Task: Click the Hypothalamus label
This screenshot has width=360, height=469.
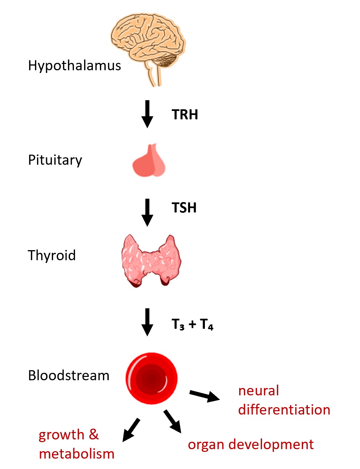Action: click(x=74, y=66)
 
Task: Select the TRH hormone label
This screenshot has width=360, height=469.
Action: click(x=185, y=115)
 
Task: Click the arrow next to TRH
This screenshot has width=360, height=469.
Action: click(x=147, y=114)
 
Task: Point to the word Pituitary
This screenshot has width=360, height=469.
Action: click(x=55, y=160)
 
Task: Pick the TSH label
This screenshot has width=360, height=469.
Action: click(x=184, y=208)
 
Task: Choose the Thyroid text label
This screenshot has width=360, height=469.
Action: click(x=51, y=256)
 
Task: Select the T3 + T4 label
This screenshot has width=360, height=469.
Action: click(x=192, y=324)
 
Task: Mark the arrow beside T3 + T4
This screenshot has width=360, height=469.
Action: click(x=147, y=322)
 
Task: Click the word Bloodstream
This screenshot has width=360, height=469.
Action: click(x=69, y=376)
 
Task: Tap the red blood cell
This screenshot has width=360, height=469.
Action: click(x=151, y=378)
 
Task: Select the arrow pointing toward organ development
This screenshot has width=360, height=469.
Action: click(x=173, y=421)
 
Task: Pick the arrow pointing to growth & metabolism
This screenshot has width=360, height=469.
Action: click(x=131, y=430)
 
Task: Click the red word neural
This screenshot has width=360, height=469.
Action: click(x=258, y=391)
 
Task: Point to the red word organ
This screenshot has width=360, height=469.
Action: click(x=206, y=445)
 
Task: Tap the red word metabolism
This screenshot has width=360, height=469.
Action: click(x=77, y=454)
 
